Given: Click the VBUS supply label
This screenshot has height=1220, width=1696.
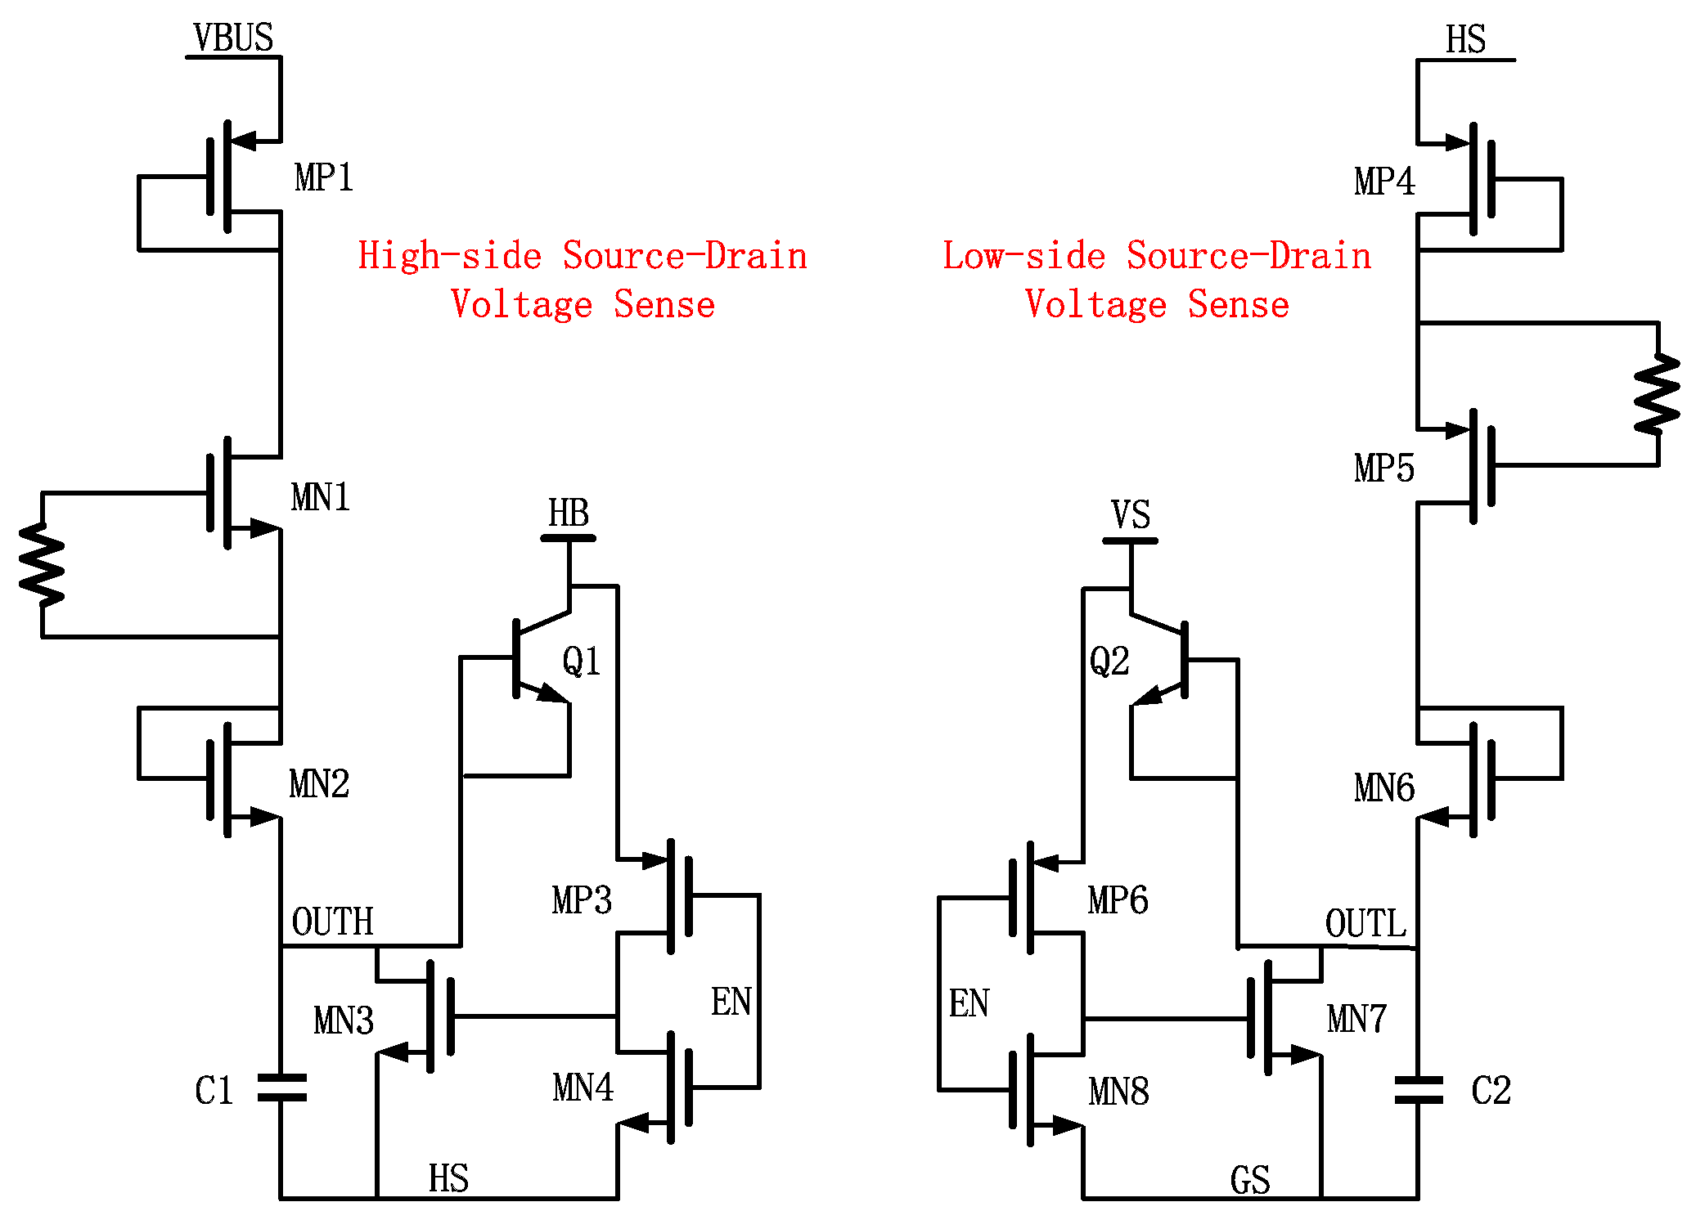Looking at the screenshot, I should coord(233,38).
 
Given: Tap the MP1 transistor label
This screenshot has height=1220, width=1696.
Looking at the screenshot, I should coord(324,177).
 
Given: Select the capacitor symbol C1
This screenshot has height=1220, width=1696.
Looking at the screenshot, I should coord(281,1088).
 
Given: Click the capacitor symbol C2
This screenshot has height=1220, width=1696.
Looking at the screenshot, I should coord(1418,1090).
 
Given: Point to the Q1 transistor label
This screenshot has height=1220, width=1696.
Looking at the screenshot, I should coord(582,661).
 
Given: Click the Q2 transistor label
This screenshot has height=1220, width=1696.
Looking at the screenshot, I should coord(1109,661).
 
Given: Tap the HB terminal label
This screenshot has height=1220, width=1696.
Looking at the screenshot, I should coord(569,514).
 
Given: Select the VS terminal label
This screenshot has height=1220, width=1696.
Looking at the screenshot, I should coord(1131,515).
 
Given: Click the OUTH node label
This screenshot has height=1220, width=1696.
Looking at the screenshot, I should coord(332,922).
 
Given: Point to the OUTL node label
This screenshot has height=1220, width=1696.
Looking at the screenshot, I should coord(1365,924).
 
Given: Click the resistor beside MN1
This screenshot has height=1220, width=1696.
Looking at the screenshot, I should coord(42,564).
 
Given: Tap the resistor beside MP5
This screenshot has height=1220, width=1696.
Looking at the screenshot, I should coord(1657,394).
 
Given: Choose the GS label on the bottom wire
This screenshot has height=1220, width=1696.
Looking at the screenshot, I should coord(1250,1181).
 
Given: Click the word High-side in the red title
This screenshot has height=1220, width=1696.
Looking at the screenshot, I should coord(450,255).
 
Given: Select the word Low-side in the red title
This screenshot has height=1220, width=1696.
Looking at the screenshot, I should coord(1023,255).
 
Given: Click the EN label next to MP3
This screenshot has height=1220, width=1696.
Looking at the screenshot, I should coord(731,1002).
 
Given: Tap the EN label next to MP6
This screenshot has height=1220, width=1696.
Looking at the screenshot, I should coord(969,1003).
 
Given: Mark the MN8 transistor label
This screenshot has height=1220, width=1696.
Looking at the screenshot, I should coord(1118,1092).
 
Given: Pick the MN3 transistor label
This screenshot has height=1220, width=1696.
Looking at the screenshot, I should coord(344,1020).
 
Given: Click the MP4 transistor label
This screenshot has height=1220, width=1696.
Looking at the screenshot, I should coord(1384,182).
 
